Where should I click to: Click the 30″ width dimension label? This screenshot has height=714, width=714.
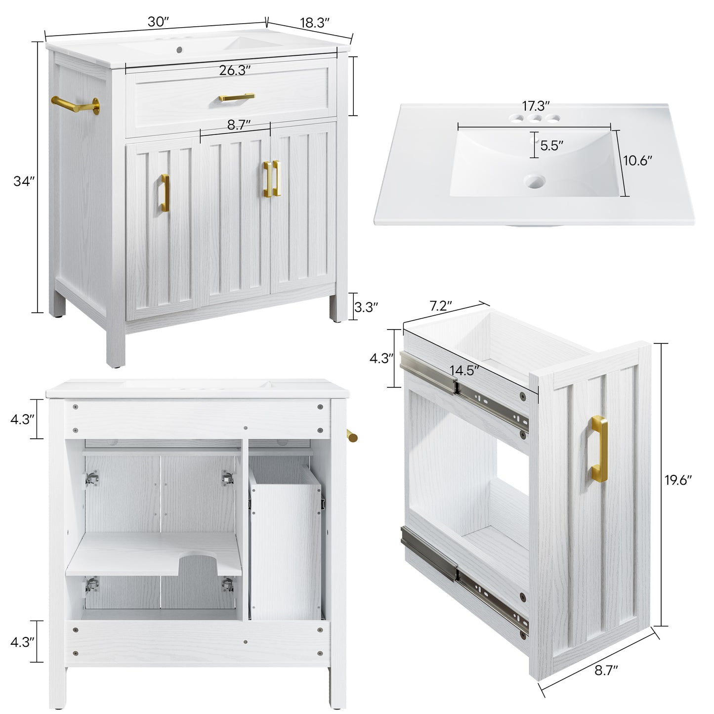(x=158, y=22)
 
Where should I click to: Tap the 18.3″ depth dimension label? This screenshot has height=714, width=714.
(x=314, y=23)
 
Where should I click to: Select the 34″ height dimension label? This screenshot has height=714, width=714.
(x=24, y=181)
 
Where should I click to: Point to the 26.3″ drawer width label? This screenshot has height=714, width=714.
(x=235, y=71)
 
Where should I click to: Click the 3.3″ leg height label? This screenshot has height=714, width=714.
(x=366, y=307)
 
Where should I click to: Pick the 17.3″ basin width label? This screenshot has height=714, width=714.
(x=536, y=106)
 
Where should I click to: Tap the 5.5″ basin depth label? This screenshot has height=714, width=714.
(x=551, y=146)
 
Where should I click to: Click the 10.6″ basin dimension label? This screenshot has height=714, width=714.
(x=637, y=161)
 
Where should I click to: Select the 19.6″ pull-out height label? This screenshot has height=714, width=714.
(x=678, y=480)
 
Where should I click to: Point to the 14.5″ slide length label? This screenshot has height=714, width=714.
(x=463, y=371)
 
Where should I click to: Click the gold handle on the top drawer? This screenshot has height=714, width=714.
(x=237, y=97)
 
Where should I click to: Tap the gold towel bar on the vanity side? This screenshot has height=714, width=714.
(x=74, y=105)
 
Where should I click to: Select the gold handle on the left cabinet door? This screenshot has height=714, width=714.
(x=165, y=193)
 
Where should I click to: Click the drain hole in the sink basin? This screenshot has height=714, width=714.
(x=535, y=181)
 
